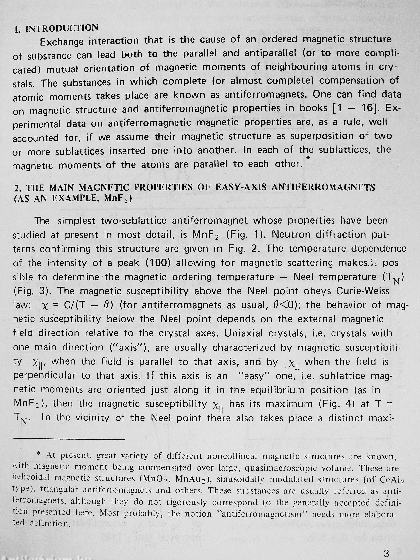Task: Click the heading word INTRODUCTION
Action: pyautogui.click(x=62, y=28)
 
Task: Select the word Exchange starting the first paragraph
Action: pyautogui.click(x=61, y=41)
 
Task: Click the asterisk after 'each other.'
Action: pyautogui.click(x=308, y=158)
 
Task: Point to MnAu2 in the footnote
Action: pyautogui.click(x=194, y=479)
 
